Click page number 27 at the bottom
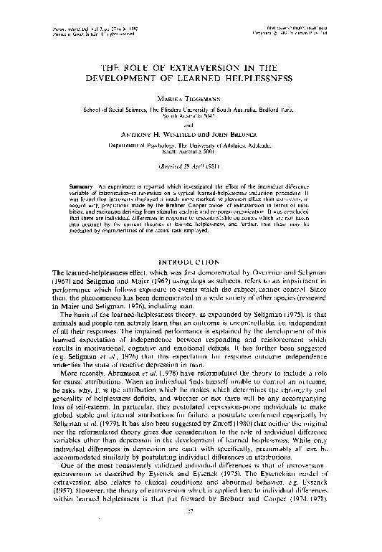pos(190,531)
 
